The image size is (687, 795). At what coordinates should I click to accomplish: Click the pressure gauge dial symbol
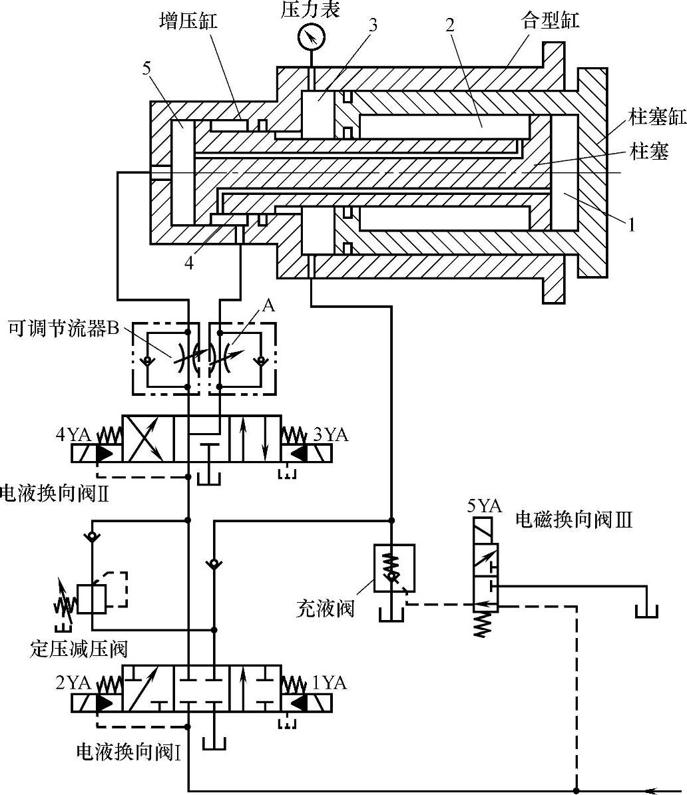click(310, 37)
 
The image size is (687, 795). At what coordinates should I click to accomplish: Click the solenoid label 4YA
click(73, 435)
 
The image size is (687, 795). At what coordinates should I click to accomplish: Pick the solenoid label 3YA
click(331, 435)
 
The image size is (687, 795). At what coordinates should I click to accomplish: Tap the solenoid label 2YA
click(73, 683)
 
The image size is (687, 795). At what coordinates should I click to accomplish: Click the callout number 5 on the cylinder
click(146, 68)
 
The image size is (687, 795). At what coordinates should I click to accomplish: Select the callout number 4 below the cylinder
click(190, 263)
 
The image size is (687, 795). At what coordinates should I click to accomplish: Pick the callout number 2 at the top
click(450, 25)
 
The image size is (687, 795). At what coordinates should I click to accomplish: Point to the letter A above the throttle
click(268, 305)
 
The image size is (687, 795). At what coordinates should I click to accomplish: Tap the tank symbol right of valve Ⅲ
click(645, 611)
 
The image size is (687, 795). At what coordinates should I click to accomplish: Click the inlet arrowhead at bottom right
click(652, 790)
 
